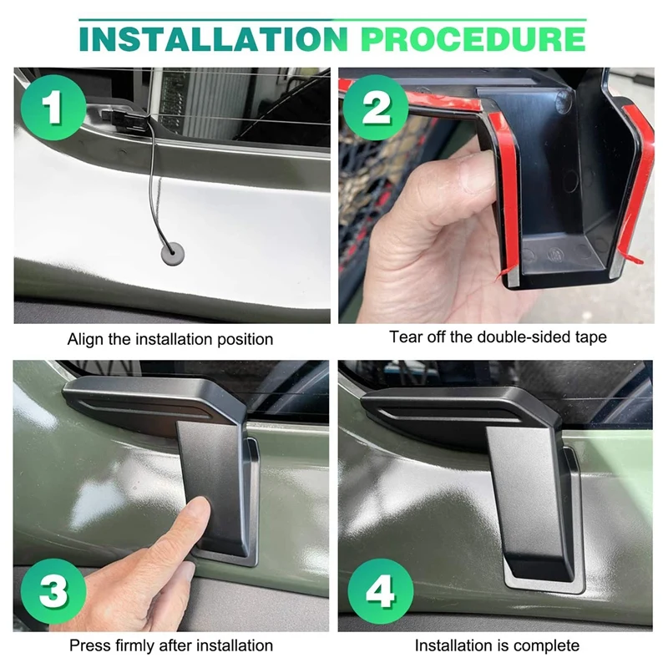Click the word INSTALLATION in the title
click(214, 39)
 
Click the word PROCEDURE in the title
click(473, 39)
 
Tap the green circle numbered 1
click(53, 108)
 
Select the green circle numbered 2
click(376, 108)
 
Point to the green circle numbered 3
click(53, 591)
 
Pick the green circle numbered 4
click(381, 592)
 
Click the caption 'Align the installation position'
click(170, 340)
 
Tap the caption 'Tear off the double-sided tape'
click(498, 337)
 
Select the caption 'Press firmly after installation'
click(171, 645)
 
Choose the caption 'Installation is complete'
click(497, 645)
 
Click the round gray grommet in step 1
click(172, 252)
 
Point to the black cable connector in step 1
click(123, 117)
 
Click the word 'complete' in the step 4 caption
click(548, 646)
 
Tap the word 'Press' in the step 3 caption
click(89, 645)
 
